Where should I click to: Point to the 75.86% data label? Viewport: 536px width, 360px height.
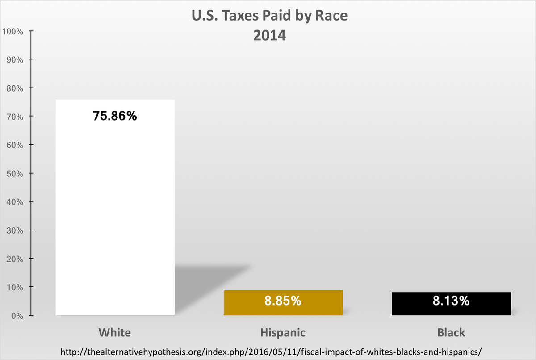[115, 116]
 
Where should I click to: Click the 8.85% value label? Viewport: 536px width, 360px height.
[283, 301]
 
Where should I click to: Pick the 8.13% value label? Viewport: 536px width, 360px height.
[451, 301]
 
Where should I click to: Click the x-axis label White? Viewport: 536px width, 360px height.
[115, 333]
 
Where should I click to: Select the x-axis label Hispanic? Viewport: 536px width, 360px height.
[283, 333]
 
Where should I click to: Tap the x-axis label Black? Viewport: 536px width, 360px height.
[451, 333]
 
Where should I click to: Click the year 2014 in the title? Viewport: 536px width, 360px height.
[269, 35]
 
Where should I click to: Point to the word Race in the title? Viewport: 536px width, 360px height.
[331, 16]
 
